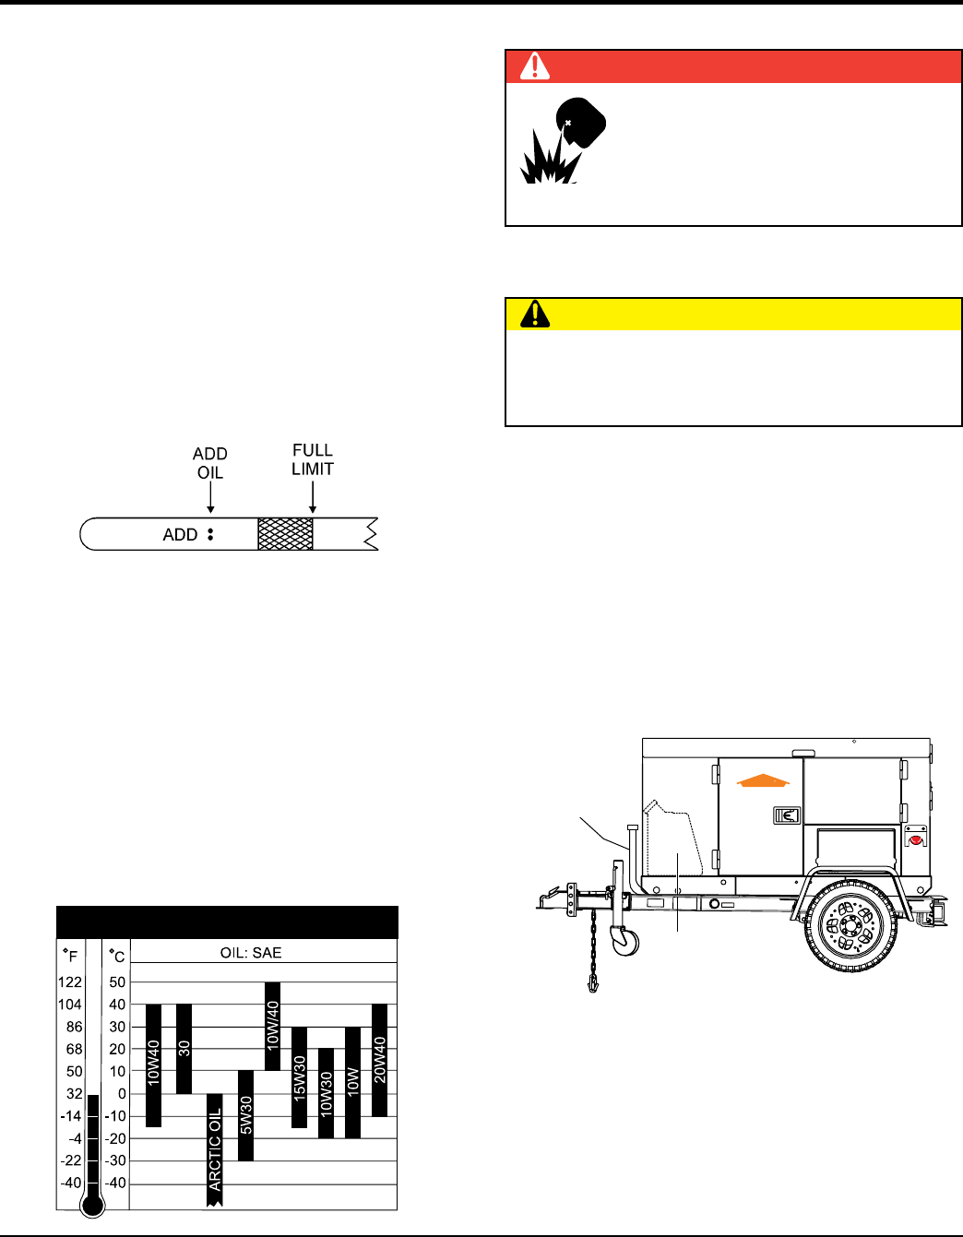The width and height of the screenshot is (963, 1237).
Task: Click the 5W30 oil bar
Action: tap(245, 1115)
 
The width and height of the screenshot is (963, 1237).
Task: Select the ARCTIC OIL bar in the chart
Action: tap(215, 1149)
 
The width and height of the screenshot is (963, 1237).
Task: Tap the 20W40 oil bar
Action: tap(380, 1060)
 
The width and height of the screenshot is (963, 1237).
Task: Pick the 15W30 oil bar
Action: tap(300, 1077)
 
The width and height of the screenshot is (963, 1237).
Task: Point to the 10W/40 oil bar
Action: tap(273, 1026)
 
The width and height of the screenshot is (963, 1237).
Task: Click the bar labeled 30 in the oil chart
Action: tap(184, 1049)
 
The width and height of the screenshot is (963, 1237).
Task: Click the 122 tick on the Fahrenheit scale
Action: tap(70, 982)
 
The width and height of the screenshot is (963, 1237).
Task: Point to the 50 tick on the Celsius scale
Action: tap(117, 982)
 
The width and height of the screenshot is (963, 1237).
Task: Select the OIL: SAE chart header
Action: tap(251, 953)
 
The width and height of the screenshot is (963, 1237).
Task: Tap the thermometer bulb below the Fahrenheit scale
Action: tap(93, 1205)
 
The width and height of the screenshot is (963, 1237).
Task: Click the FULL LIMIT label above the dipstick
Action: tap(313, 459)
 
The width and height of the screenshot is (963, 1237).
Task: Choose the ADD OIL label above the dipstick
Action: tap(210, 463)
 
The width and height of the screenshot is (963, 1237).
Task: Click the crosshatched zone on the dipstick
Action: tap(285, 534)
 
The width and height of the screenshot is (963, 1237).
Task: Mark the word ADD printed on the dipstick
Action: tap(180, 534)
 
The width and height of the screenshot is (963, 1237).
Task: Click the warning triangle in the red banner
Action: tap(534, 66)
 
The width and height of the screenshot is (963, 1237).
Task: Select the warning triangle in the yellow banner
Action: tap(535, 314)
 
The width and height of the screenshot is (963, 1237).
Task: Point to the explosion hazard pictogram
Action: tap(563, 140)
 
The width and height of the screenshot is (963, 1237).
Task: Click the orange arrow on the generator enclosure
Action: tap(763, 780)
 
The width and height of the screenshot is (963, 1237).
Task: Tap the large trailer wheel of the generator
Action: tap(851, 926)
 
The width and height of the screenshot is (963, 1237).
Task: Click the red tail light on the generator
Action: tap(915, 840)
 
